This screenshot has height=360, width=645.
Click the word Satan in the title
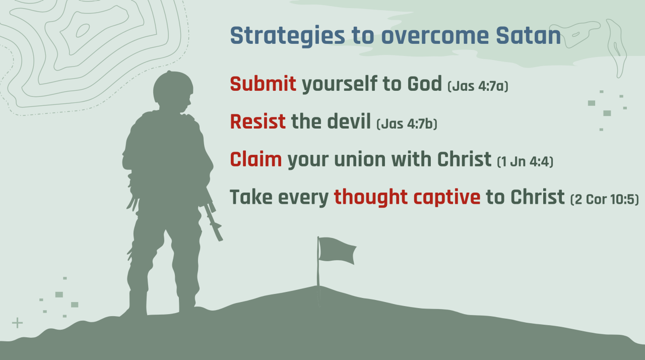tap(528, 36)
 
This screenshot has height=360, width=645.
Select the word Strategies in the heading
tap(287, 36)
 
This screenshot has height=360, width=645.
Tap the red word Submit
tap(263, 84)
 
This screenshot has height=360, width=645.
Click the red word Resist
tap(257, 122)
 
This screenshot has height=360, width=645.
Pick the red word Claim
tap(255, 159)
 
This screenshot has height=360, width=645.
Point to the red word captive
tap(447, 198)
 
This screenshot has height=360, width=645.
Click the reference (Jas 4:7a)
tap(478, 86)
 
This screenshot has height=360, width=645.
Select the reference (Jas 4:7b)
tap(407, 124)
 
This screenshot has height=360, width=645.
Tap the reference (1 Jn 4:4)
tap(525, 161)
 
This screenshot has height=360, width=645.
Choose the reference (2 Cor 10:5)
tap(605, 199)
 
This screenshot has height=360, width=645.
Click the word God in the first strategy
tap(424, 84)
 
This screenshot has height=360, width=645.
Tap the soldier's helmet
tap(173, 86)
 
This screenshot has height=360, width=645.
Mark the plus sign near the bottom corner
tap(17, 323)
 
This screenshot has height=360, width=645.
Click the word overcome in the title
tap(435, 36)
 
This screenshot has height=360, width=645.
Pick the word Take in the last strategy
tap(251, 197)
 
